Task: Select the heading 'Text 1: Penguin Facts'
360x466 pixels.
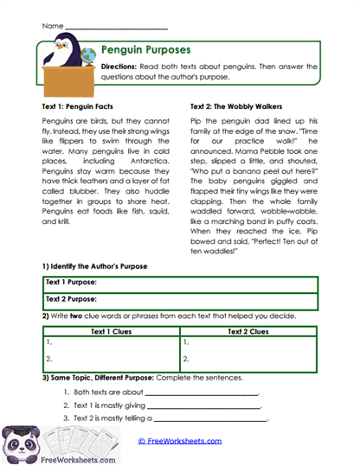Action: pyautogui.click(x=71, y=105)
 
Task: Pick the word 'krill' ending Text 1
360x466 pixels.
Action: pyautogui.click(x=61, y=221)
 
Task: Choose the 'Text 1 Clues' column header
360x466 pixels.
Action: pyautogui.click(x=111, y=330)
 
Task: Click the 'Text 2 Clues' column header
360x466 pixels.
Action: pyautogui.click(x=248, y=330)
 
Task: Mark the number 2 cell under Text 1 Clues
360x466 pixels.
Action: pyautogui.click(x=111, y=357)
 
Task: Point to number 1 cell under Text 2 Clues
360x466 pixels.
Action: pyautogui.click(x=248, y=342)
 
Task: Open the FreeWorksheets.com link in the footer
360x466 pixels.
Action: pyautogui.click(x=179, y=441)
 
